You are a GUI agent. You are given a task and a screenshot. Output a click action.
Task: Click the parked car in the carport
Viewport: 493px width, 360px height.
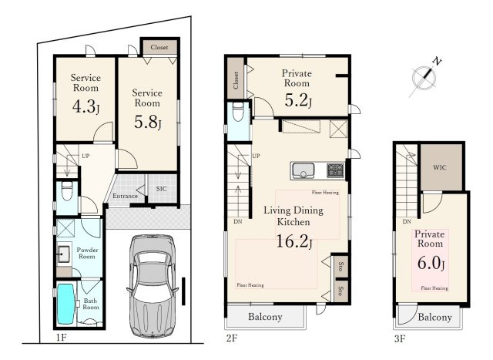[x=153, y=286]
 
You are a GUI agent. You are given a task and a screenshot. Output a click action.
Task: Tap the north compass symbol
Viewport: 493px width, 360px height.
[x=424, y=77]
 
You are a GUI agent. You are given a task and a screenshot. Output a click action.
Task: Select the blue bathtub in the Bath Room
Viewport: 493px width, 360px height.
[x=65, y=304]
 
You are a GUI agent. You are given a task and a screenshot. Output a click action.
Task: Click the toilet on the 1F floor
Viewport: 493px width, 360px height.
[x=67, y=190]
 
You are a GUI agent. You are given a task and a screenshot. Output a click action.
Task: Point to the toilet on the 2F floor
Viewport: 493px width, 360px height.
[x=238, y=111]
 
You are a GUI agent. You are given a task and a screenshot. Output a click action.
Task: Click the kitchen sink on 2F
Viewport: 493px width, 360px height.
[x=303, y=171]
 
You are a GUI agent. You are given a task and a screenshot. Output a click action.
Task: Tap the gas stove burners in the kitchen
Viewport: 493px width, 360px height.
[x=336, y=170]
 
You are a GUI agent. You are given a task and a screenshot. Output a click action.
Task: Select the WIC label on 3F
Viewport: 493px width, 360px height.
[x=440, y=167]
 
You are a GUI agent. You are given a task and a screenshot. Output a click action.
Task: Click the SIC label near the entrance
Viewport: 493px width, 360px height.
[x=161, y=189]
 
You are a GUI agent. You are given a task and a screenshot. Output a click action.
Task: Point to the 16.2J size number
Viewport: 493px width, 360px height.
[x=294, y=242]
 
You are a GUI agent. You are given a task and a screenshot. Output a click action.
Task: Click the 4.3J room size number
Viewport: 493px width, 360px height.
[x=86, y=106]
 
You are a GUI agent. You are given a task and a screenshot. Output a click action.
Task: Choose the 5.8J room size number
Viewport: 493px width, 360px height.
[x=147, y=122]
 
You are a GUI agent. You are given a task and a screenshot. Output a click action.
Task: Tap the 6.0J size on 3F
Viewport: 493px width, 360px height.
[x=431, y=262]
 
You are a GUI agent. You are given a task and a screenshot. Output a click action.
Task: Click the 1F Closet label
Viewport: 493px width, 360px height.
[x=159, y=47]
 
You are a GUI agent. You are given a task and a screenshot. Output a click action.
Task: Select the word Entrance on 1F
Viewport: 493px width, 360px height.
[x=125, y=196]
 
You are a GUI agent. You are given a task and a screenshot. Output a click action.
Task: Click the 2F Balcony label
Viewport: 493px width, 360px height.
[x=265, y=317]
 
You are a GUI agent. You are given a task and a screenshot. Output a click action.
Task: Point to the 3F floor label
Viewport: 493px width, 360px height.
[x=400, y=338]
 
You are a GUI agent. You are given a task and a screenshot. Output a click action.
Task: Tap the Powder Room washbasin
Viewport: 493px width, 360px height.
[x=63, y=254]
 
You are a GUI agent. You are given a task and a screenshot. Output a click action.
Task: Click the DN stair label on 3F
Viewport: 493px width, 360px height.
[x=407, y=221]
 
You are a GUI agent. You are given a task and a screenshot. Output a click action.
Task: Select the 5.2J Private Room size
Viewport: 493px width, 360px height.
[x=298, y=100]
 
